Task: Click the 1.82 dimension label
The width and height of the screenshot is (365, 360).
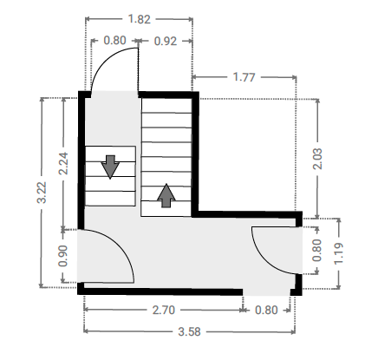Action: [140, 19]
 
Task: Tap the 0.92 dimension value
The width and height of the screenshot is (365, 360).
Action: [166, 42]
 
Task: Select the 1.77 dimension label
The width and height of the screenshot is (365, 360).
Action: [244, 77]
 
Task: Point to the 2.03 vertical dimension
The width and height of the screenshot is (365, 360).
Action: [317, 159]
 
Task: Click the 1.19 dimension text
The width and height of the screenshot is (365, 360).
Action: [338, 253]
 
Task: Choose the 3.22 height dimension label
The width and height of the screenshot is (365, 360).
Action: [42, 193]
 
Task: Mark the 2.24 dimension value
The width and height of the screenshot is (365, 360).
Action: [63, 163]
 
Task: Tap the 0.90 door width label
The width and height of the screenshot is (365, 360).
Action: [62, 256]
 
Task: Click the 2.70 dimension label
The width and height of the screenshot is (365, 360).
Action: [164, 310]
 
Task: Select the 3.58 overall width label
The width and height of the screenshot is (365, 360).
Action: [189, 331]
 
